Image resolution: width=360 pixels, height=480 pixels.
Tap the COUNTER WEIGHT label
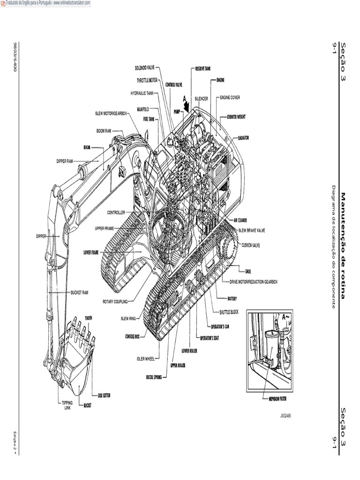pos(236,117)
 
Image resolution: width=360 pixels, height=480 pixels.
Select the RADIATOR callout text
pos(243,138)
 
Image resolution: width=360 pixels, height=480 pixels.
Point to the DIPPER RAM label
pos(65,161)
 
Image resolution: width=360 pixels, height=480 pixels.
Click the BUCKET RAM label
pos(79,292)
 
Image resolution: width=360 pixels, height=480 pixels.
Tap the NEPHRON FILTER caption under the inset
pos(274,399)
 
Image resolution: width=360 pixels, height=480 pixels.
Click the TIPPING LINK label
pos(67,405)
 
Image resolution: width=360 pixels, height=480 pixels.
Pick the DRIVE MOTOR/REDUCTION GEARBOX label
pos(253,282)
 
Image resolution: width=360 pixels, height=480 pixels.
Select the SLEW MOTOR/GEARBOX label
pos(111,113)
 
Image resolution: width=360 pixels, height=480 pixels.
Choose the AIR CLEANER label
pos(240,220)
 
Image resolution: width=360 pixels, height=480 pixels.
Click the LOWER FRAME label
pos(91,252)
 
